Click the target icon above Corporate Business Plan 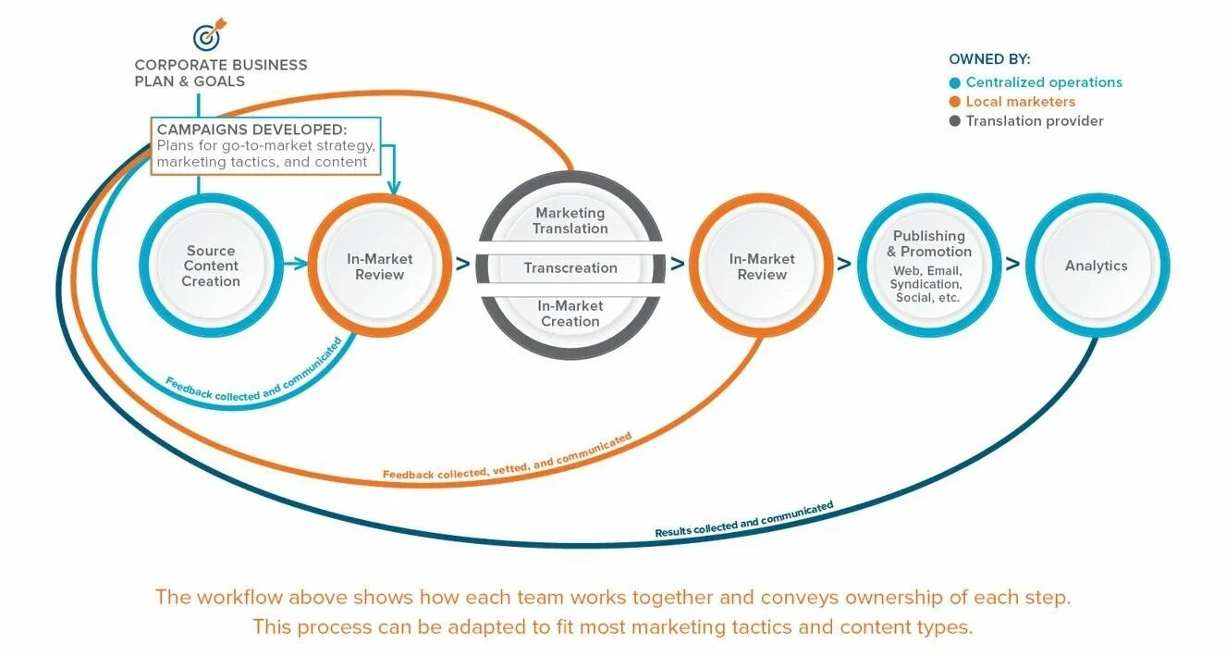pyautogui.click(x=208, y=36)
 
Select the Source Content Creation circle pyautogui.click(x=211, y=266)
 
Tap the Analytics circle pyautogui.click(x=1097, y=266)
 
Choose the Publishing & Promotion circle pyautogui.click(x=928, y=266)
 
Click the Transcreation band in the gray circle pyautogui.click(x=570, y=268)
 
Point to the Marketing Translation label pyautogui.click(x=570, y=221)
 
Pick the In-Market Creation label pyautogui.click(x=570, y=314)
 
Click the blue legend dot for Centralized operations pyautogui.click(x=955, y=82)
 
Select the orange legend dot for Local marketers pyautogui.click(x=955, y=102)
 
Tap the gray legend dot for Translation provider pyautogui.click(x=955, y=121)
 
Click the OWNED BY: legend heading pyautogui.click(x=989, y=59)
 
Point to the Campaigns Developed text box pyautogui.click(x=265, y=145)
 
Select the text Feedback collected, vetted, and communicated pyautogui.click(x=508, y=456)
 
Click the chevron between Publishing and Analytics pyautogui.click(x=1013, y=264)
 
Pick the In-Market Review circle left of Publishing pyautogui.click(x=761, y=266)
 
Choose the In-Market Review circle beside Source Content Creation pyautogui.click(x=380, y=266)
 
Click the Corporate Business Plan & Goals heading pyautogui.click(x=220, y=73)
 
